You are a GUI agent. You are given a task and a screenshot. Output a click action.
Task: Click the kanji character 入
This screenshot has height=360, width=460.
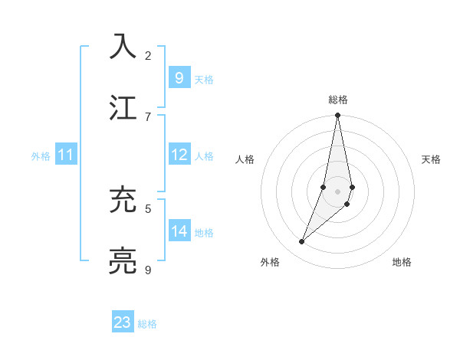123,45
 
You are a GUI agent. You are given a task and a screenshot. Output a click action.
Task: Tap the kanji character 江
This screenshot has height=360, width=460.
123,106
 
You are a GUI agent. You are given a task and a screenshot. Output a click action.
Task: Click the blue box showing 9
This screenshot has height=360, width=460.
179,78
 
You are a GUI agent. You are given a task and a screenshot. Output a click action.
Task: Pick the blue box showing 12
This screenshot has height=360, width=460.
179,155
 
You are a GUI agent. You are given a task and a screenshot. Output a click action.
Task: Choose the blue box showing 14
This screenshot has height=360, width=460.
179,231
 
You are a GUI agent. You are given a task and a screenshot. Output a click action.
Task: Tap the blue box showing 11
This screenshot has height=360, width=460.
65,155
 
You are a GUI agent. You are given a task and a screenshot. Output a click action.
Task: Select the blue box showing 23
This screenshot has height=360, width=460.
123,322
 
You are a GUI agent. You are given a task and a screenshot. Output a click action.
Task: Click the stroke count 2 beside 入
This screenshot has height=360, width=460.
148,55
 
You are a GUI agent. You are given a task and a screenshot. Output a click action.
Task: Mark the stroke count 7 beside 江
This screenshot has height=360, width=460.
148,116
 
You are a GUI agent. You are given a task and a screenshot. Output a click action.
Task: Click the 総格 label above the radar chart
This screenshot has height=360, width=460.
338,100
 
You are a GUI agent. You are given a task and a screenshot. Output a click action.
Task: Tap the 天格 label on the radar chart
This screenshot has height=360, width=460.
432,159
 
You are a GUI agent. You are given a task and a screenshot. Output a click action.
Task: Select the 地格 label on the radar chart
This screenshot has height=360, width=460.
402,262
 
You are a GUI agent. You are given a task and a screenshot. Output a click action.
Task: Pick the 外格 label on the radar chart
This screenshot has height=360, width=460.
270,262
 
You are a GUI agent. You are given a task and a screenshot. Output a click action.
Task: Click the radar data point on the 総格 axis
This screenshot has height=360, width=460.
337,116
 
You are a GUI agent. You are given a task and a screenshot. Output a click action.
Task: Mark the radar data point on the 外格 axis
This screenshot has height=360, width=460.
301,242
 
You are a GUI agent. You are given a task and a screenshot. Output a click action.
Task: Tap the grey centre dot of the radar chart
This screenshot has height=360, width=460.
337,191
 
